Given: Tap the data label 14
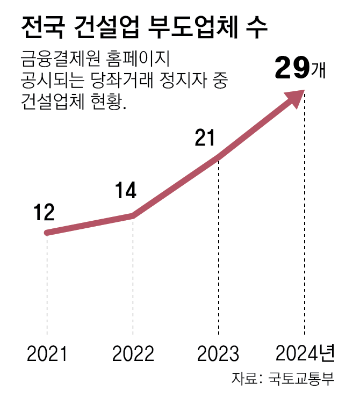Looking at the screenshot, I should pos(126,191).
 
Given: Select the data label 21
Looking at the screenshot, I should pos(205,139).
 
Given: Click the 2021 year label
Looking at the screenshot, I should pos(47,353).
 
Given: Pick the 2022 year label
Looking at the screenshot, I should pos(133,353).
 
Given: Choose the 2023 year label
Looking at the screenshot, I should pos(218,353).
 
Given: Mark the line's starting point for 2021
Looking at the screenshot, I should pos(47,233).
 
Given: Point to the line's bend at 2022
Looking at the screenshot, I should pos(133,216).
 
